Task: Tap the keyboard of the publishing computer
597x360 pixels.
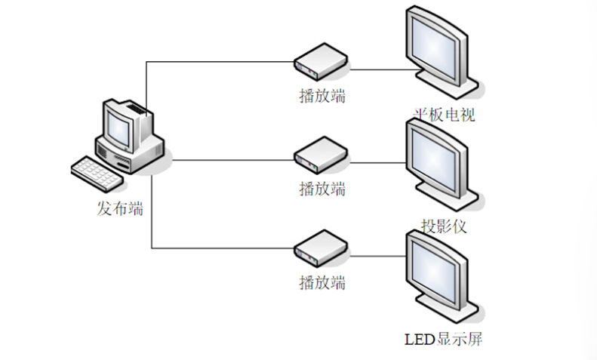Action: tap(96, 173)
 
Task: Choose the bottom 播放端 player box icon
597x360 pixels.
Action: tap(320, 250)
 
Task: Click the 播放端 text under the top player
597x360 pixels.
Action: tap(322, 97)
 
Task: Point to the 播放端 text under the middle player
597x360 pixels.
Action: tap(322, 188)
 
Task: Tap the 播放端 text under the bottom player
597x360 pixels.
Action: tap(322, 283)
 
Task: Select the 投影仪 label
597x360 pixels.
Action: tap(445, 226)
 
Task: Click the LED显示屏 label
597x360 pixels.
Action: tap(442, 338)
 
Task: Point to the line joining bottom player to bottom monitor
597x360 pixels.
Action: tap(377, 256)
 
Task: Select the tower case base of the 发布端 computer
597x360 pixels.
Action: tap(140, 155)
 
